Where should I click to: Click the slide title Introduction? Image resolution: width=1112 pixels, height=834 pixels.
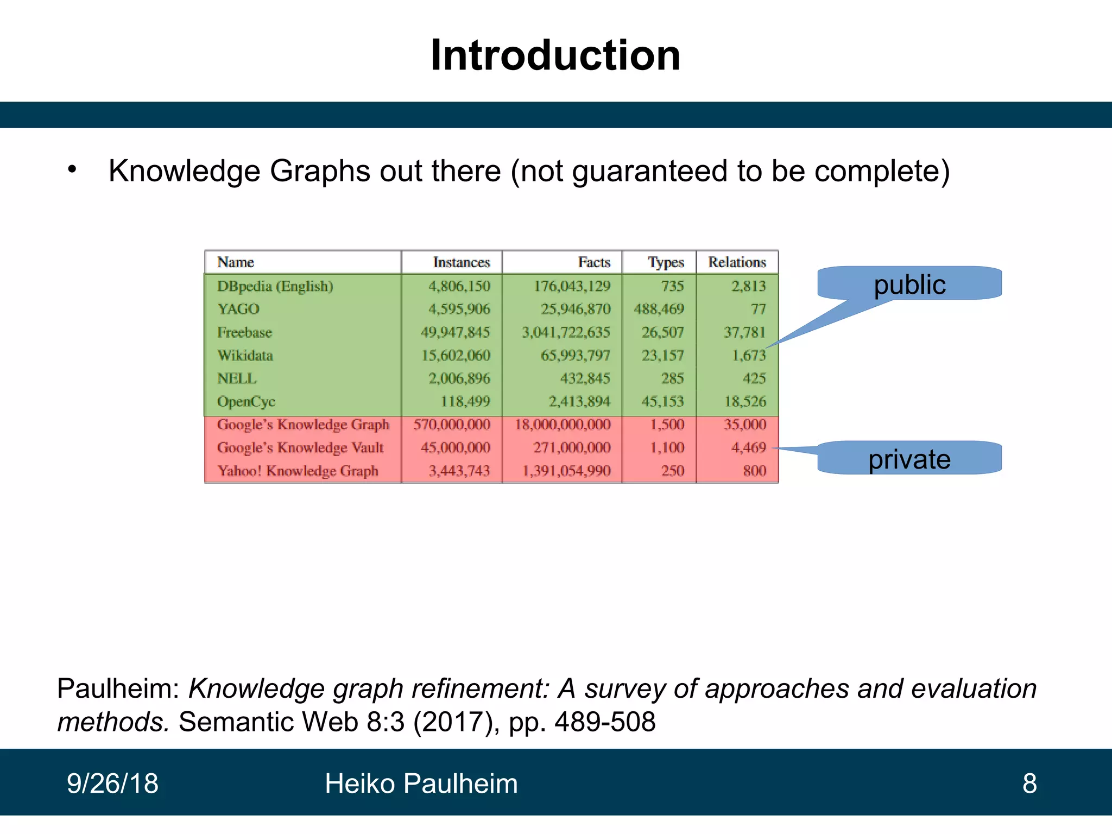(x=555, y=55)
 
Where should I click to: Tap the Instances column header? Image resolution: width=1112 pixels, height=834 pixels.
(x=462, y=262)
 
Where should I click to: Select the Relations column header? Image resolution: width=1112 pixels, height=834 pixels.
(x=737, y=262)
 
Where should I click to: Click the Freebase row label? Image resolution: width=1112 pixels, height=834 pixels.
(x=244, y=332)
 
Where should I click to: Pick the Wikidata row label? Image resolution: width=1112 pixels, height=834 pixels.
(x=245, y=356)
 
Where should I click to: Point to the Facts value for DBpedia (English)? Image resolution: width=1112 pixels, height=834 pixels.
(x=572, y=286)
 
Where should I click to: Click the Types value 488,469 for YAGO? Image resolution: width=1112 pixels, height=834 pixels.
(x=659, y=309)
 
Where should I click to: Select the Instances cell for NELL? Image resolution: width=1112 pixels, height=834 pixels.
(x=459, y=378)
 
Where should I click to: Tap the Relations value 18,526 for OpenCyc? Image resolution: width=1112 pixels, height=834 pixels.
(x=745, y=402)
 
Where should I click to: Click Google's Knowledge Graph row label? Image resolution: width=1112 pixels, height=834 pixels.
(x=303, y=425)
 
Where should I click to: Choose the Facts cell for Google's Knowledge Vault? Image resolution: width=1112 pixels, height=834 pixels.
(x=572, y=448)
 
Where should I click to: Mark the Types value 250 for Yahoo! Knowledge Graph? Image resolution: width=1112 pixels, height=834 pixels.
(x=672, y=471)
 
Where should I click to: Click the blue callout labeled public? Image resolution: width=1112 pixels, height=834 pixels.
(x=909, y=284)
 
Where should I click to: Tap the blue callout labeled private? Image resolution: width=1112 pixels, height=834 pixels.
(x=909, y=459)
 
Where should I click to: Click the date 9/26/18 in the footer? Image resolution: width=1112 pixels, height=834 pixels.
(x=112, y=784)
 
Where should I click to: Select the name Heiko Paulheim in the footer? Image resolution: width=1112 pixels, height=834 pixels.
(x=421, y=784)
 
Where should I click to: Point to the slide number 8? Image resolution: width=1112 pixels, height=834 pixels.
(x=1029, y=784)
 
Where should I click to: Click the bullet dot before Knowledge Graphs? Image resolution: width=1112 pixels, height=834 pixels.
(x=72, y=169)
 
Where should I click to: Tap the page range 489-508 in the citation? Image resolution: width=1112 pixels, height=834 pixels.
(x=605, y=722)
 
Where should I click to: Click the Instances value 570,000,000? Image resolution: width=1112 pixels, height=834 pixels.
(x=452, y=425)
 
